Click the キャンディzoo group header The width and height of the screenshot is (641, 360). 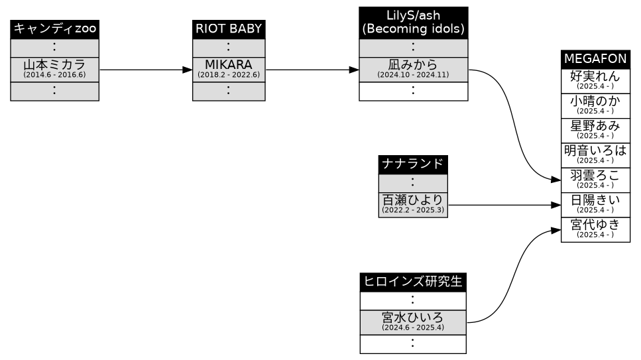click(x=55, y=29)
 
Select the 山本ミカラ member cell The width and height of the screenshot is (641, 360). click(x=55, y=69)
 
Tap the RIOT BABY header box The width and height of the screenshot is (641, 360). click(x=229, y=29)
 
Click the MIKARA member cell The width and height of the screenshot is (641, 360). click(x=229, y=69)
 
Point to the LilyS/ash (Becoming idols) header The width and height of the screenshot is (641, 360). click(x=413, y=23)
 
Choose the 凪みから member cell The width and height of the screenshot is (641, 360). click(x=413, y=69)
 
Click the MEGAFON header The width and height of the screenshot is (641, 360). click(x=595, y=59)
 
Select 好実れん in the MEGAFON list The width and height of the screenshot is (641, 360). click(x=595, y=80)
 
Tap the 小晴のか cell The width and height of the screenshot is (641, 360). click(x=595, y=105)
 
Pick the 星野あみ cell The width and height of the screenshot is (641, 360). click(x=595, y=129)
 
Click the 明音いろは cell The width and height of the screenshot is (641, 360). click(x=595, y=154)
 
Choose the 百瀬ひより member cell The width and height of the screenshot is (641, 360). click(x=412, y=204)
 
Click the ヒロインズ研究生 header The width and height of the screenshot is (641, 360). click(x=413, y=282)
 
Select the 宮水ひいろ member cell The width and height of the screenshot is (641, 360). click(x=413, y=321)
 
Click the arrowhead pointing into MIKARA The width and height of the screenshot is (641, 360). click(x=187, y=69)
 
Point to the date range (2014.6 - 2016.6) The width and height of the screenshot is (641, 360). click(x=55, y=75)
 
